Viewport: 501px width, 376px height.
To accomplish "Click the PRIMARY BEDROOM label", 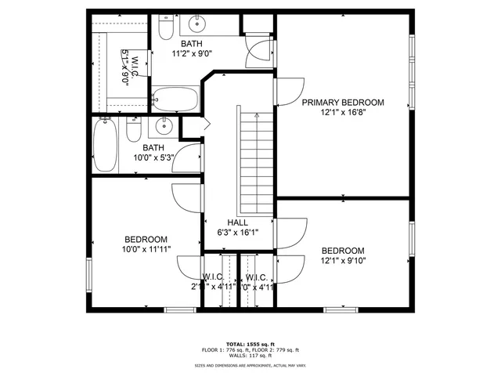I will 343,103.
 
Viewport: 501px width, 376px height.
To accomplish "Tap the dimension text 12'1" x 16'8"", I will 343,113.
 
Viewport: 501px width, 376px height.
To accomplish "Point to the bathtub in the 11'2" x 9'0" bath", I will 177,98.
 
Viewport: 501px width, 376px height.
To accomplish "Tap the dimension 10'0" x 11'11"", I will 146,249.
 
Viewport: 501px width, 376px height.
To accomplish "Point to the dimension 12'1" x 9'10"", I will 343,260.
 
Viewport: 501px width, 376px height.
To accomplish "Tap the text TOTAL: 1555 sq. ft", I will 250,344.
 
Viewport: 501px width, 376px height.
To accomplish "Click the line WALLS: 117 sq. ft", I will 250,356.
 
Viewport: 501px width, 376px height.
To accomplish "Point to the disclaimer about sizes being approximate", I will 250,365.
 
